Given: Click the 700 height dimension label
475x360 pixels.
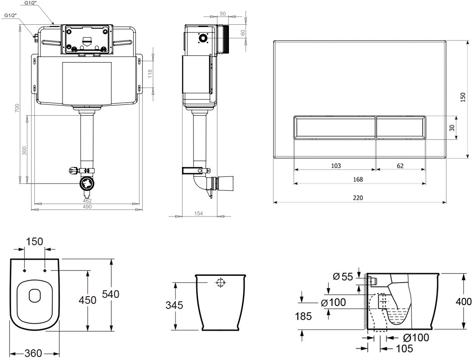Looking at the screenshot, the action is click(17, 108).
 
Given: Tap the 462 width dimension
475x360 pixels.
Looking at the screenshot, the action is click(87, 201).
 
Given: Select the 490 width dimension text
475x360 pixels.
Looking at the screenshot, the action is click(87, 207).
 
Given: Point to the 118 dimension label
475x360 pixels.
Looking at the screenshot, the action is click(150, 74).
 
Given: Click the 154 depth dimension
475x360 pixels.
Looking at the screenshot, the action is click(198, 213).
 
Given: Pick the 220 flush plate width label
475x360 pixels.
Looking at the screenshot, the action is click(358, 198).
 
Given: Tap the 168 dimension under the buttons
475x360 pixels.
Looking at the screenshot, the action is click(358, 180).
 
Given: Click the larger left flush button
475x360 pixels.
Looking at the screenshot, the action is click(335, 128).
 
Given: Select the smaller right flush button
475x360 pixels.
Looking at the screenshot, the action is click(401, 128).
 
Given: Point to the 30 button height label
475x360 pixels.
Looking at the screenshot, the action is click(452, 128).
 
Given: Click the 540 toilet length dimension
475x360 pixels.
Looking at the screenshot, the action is click(111, 294).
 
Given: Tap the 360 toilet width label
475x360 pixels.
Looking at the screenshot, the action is click(33, 353).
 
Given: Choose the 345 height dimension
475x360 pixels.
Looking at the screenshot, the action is click(174, 305).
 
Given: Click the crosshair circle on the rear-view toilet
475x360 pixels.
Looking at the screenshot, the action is click(220, 283).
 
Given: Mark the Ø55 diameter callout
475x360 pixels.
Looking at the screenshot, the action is click(343, 276).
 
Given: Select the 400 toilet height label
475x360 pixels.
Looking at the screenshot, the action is click(463, 301).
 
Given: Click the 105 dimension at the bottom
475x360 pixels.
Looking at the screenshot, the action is click(404, 348).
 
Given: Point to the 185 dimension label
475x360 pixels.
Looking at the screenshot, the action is click(303, 316).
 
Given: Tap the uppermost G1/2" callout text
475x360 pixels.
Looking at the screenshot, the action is click(30, 3).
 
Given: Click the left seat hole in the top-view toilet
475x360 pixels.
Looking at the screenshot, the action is click(25, 270).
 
